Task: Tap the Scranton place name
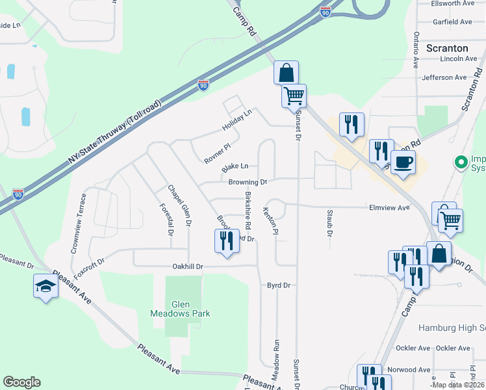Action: tap(447, 48)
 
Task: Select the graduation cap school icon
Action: tap(46, 286)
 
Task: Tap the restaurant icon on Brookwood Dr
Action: tap(225, 241)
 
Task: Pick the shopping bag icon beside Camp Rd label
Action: tap(286, 72)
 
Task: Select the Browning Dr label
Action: tap(248, 182)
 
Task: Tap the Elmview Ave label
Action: tap(389, 207)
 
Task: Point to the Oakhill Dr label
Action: tap(188, 266)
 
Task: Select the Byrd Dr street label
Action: tap(278, 285)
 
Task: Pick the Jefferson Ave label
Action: tap(444, 77)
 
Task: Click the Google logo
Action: tap(21, 382)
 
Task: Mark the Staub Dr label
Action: tap(329, 224)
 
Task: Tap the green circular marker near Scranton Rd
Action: tap(461, 161)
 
